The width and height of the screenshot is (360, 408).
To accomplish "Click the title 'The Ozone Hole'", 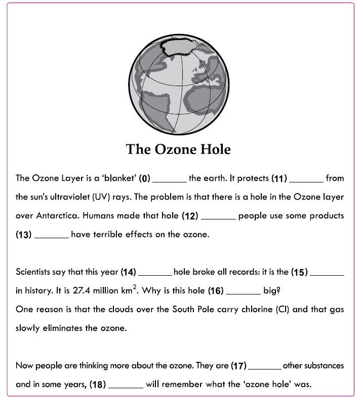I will tap(178, 150).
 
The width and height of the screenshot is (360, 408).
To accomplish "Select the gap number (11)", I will tap(279, 178).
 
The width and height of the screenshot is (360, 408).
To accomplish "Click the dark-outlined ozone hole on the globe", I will tap(182, 47).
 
